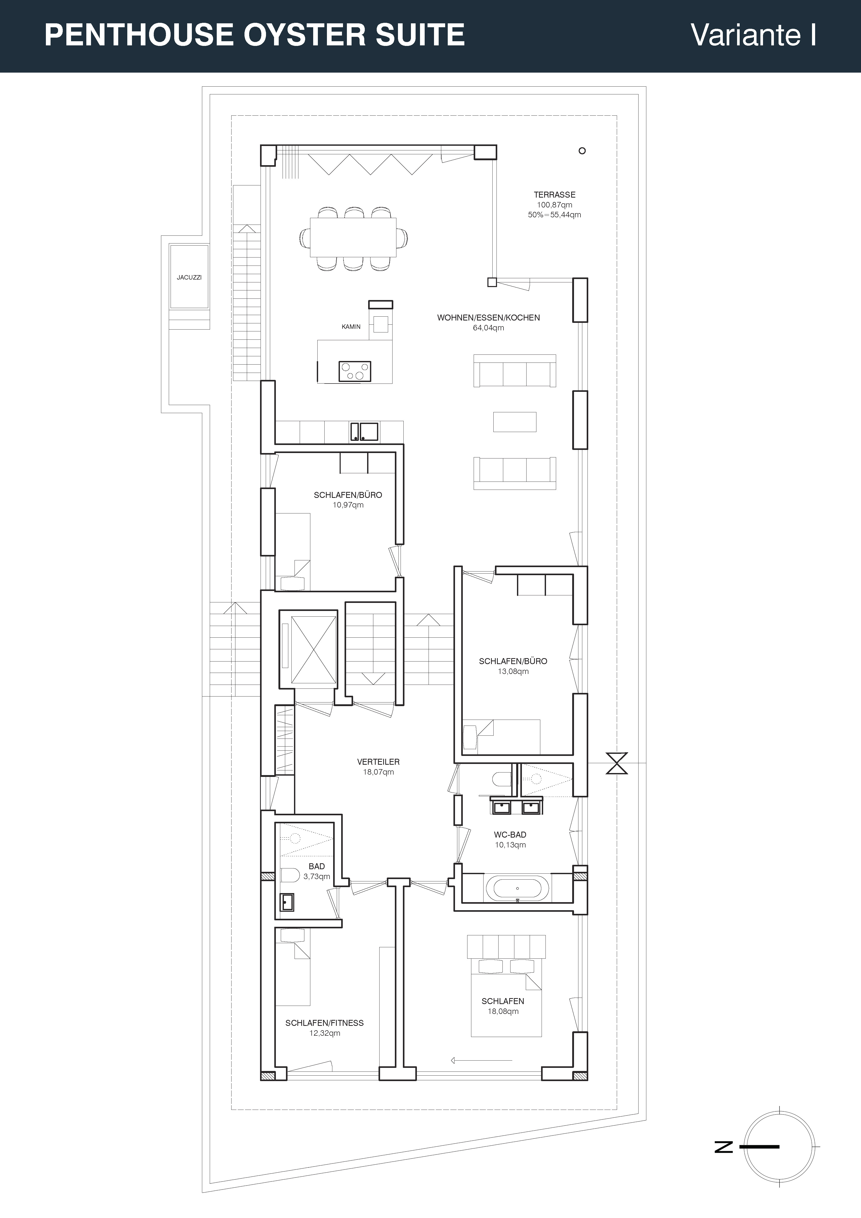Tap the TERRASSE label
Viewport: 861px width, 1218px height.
[554, 195]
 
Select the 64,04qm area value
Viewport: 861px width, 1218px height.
[489, 328]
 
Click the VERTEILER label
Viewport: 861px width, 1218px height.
[378, 762]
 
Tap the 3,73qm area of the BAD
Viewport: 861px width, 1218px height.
[317, 876]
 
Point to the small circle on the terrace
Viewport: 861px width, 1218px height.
[582, 151]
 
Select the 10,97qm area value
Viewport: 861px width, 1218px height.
[348, 505]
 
